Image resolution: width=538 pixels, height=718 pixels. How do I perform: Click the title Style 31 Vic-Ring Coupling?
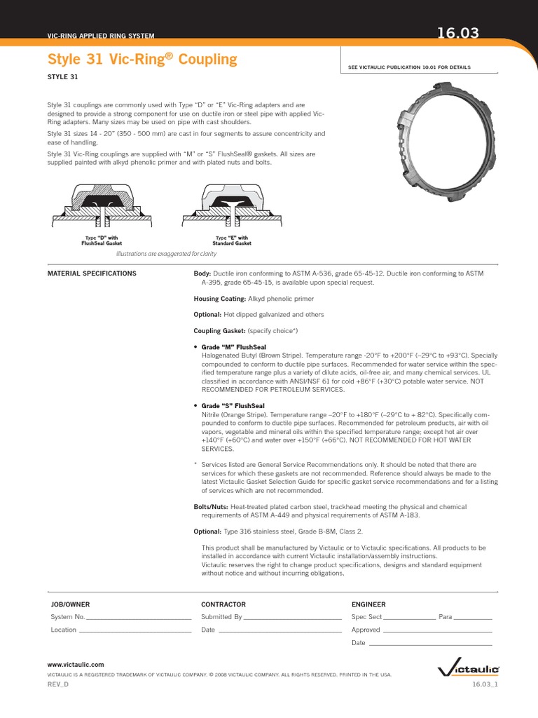(x=142, y=60)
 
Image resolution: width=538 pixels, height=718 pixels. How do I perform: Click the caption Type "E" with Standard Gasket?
(x=232, y=241)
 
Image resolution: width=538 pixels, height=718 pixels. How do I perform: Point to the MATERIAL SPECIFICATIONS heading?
(x=91, y=273)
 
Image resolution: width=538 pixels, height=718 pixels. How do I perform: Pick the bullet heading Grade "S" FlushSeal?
(x=233, y=406)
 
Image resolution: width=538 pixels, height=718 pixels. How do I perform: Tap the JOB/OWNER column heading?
(x=70, y=604)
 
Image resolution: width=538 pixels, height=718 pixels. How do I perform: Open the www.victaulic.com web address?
(x=76, y=663)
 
